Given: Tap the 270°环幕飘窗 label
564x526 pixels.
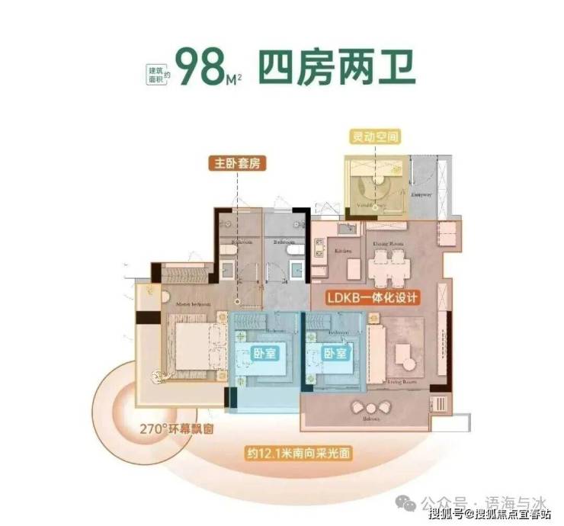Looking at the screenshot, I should pos(175,428).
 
